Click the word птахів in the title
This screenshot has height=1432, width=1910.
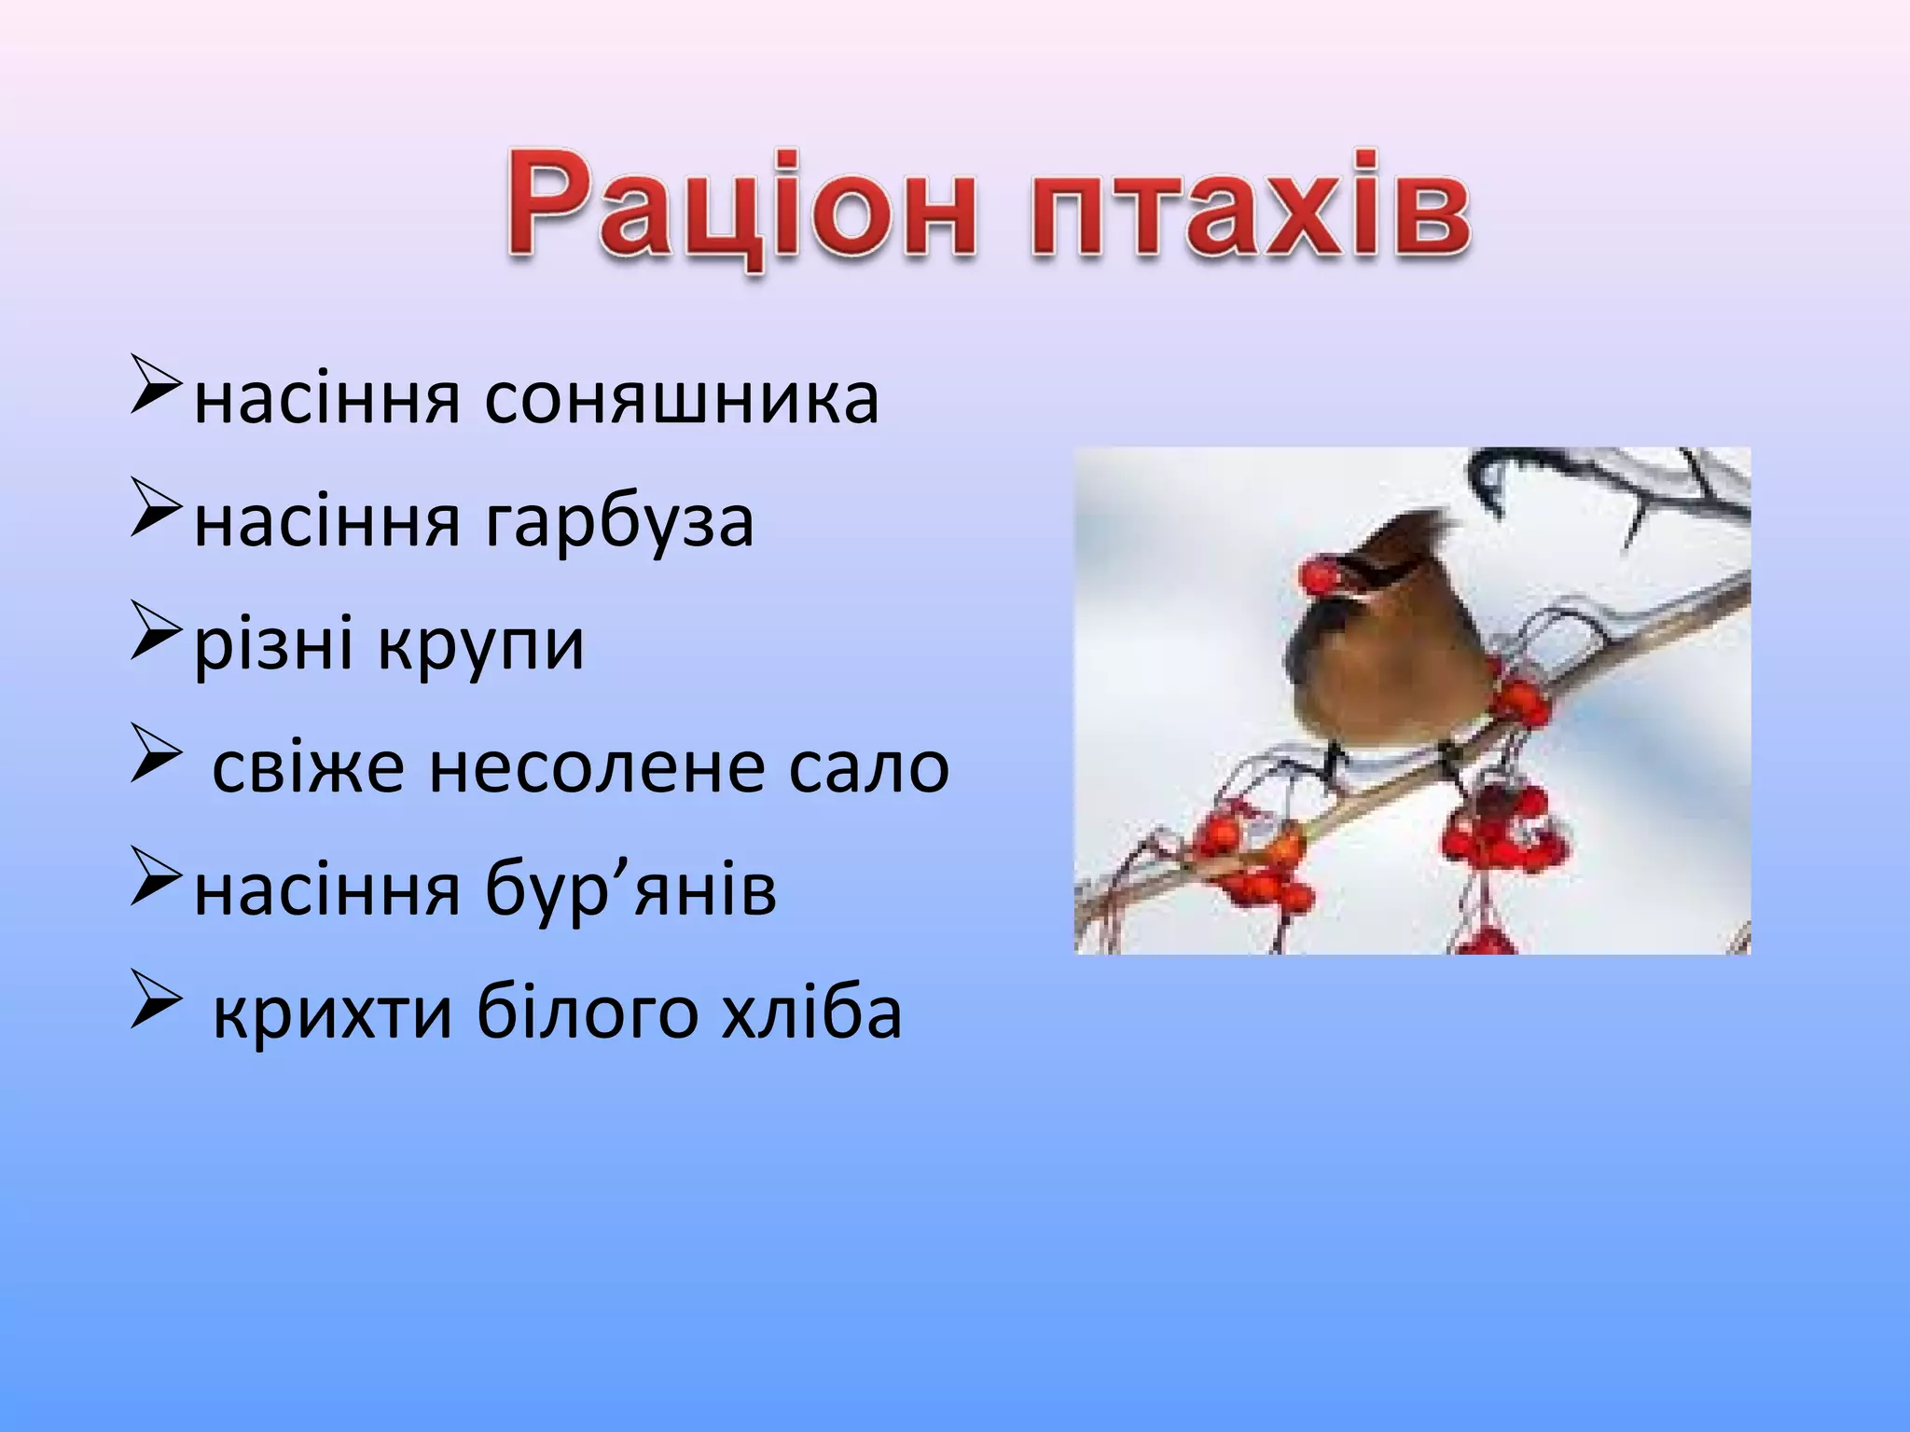[x=1250, y=207]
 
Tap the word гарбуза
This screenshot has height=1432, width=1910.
[x=619, y=522]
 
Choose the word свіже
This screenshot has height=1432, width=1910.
[x=308, y=767]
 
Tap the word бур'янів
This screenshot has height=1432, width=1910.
[x=630, y=890]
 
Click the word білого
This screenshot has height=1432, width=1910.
[x=588, y=1014]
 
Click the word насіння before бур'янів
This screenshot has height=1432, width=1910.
[x=326, y=890]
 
